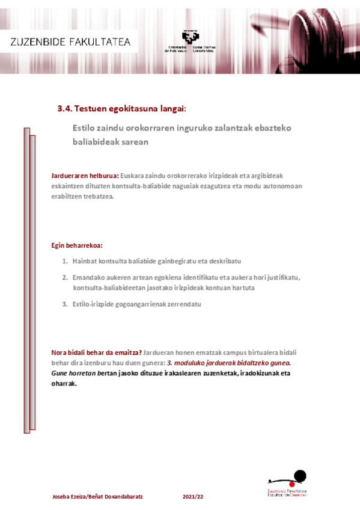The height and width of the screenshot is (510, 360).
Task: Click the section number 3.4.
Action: [x=64, y=109]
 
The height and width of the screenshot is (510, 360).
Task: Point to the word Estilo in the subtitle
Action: [x=83, y=127]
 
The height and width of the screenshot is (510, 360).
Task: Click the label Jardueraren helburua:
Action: [x=85, y=176]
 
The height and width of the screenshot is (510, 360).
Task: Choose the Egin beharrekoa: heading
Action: [x=77, y=245]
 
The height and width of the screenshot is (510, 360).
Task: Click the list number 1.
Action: [x=65, y=261]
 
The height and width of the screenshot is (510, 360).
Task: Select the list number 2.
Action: [x=65, y=277]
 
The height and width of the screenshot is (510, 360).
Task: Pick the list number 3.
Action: [x=65, y=304]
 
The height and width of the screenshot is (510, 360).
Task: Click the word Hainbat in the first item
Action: [x=85, y=261]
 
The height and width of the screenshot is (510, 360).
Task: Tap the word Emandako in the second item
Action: [x=89, y=277]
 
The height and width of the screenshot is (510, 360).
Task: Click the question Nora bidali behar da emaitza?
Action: [x=97, y=352]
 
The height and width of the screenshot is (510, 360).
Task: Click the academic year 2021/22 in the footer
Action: [x=193, y=497]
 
